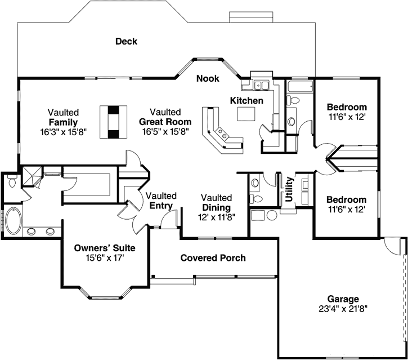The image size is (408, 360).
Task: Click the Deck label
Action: coord(126,41)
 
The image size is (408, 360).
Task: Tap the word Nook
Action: coord(207,78)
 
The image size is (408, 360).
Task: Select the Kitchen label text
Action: coord(246,100)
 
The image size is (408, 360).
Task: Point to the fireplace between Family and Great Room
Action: coord(114,121)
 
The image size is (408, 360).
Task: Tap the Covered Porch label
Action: coord(213,258)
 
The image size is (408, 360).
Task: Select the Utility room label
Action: coord(289,189)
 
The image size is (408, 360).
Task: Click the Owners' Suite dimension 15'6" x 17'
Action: coord(105,257)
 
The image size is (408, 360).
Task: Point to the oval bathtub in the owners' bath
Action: coord(13,221)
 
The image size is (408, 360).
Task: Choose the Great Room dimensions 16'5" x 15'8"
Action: coord(165,131)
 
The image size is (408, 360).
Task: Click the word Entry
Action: coord(161,206)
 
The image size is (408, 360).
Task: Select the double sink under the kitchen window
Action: coord(260,86)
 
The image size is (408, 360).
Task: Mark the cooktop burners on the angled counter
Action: coord(223,134)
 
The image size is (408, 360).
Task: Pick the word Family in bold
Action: coord(62,122)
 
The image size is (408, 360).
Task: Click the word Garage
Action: coord(343,299)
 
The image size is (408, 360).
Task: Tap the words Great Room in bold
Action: coord(165,122)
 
